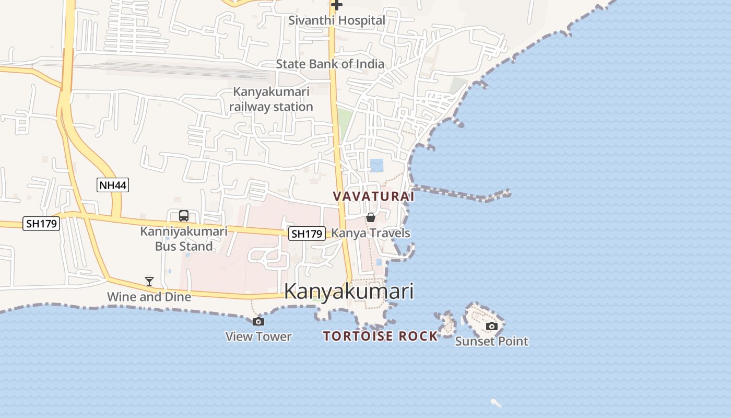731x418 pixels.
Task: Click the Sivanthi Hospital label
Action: (337, 20)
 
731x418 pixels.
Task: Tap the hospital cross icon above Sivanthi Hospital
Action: (337, 5)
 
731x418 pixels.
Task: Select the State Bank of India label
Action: (330, 64)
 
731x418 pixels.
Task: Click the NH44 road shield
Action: (113, 185)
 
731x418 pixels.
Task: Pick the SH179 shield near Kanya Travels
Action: (307, 234)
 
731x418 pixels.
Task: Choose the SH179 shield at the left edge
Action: (42, 224)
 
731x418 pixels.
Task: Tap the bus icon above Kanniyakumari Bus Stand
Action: (184, 215)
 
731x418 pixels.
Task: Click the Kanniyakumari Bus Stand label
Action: (184, 239)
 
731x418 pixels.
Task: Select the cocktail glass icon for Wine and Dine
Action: (149, 282)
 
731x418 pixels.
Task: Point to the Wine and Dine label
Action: (149, 297)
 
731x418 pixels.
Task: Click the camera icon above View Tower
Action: (258, 321)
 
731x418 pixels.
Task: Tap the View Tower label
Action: (258, 336)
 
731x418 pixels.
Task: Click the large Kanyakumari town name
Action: (349, 292)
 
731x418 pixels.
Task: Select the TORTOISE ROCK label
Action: (380, 336)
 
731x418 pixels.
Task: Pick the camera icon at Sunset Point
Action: (491, 327)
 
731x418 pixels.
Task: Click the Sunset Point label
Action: (491, 342)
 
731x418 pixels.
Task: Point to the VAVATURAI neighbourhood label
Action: (373, 196)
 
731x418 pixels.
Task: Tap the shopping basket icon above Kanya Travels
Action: (371, 217)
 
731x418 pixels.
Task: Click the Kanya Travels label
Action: (371, 233)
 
